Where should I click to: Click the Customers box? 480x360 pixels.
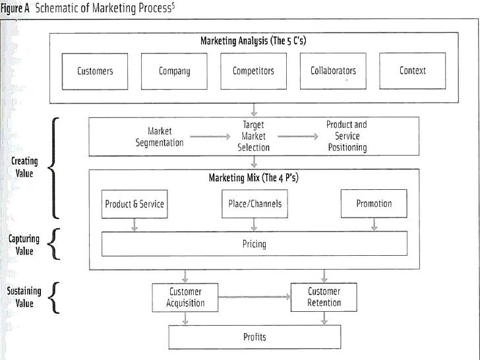pyautogui.click(x=95, y=71)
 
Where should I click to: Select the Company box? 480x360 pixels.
pyautogui.click(x=175, y=71)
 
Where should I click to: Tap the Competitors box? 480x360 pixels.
pyautogui.click(x=254, y=71)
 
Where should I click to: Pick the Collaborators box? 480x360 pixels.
pyautogui.click(x=333, y=71)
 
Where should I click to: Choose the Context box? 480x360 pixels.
pyautogui.click(x=413, y=71)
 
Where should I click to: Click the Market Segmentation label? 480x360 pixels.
pyautogui.click(x=160, y=136)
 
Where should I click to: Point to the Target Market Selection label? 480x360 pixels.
pyautogui.click(x=254, y=136)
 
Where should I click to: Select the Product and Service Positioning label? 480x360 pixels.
pyautogui.click(x=346, y=136)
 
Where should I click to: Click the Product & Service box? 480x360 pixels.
pyautogui.click(x=135, y=204)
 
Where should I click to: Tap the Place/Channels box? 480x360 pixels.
pyautogui.click(x=254, y=204)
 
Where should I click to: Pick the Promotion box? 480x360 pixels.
pyautogui.click(x=374, y=204)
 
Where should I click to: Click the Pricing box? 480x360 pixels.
pyautogui.click(x=254, y=245)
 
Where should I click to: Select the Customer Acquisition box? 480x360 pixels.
pyautogui.click(x=185, y=297)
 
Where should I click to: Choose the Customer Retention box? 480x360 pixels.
pyautogui.click(x=324, y=297)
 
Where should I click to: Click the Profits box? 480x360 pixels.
pyautogui.click(x=254, y=338)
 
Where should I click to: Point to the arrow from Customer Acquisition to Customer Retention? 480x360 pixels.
pyautogui.click(x=255, y=297)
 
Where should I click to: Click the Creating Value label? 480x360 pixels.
pyautogui.click(x=24, y=167)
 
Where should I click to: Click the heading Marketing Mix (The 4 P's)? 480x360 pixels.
pyautogui.click(x=254, y=178)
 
